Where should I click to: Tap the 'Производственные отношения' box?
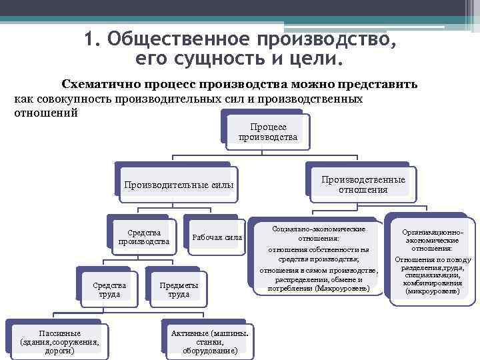(x=363, y=184)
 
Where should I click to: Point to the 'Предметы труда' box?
(x=179, y=289)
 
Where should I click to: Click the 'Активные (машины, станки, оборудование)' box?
(x=209, y=341)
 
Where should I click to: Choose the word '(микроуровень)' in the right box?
(x=433, y=291)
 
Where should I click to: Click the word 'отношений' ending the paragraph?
(x=46, y=112)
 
